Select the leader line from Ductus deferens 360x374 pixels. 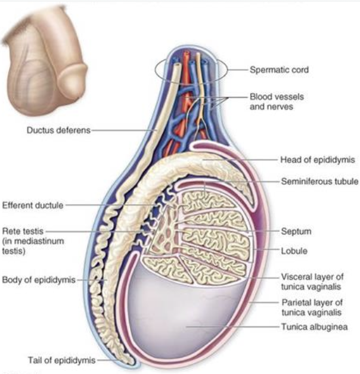pyautogui.click(x=122, y=131)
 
